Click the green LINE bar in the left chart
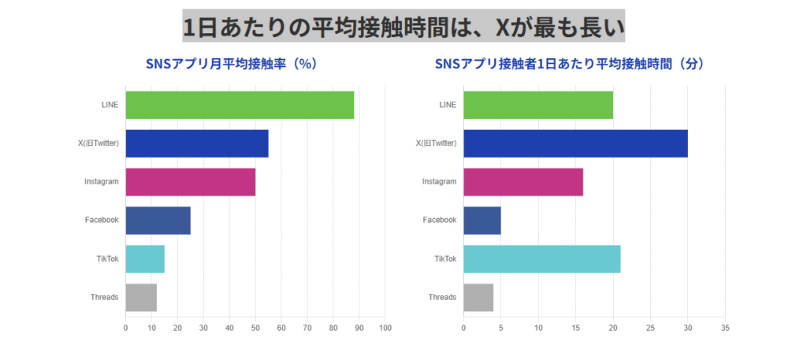coord(240,105)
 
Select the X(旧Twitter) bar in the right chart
coord(575,143)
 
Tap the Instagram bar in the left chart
coord(190,182)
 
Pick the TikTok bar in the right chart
coord(541,259)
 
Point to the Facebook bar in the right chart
coord(482,220)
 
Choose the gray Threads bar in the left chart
coord(141,298)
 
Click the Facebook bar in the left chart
coord(158,220)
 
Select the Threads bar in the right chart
coord(478,298)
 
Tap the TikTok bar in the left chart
coord(145,259)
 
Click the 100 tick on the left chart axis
coord(385,328)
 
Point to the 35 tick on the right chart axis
coord(725,328)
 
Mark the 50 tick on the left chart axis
coord(255,328)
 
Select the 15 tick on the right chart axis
coord(575,328)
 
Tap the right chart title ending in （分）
coord(568,64)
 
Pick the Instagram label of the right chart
coord(440,182)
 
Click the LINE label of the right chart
coord(446,105)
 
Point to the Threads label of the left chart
coord(104,298)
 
